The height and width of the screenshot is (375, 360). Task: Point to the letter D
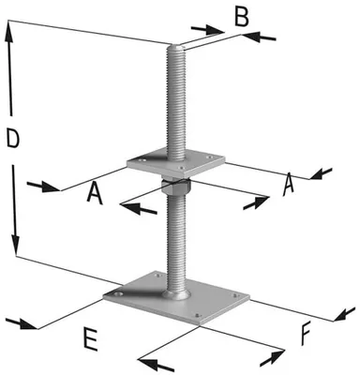click(13, 139)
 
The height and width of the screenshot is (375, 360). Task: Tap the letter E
click(90, 338)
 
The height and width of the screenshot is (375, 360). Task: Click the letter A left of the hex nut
click(95, 194)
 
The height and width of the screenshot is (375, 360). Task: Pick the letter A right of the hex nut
click(288, 185)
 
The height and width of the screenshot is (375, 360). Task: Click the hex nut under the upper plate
click(175, 187)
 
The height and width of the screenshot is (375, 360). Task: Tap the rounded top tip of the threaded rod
click(176, 47)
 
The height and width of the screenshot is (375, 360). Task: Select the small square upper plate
click(175, 163)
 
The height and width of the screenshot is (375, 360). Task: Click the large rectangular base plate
click(176, 297)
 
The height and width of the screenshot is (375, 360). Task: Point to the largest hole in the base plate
click(118, 294)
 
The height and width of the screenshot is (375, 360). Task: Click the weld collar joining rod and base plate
click(176, 294)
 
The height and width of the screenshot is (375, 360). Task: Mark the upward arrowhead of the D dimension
click(8, 32)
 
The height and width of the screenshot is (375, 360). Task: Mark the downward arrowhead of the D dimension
click(15, 244)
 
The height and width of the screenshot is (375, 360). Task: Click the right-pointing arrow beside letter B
click(208, 30)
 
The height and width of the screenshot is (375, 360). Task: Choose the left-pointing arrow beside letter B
click(259, 37)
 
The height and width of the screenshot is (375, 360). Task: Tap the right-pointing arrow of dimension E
click(22, 324)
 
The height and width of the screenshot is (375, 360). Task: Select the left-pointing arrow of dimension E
click(155, 364)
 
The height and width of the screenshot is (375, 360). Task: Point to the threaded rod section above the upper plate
click(176, 103)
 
